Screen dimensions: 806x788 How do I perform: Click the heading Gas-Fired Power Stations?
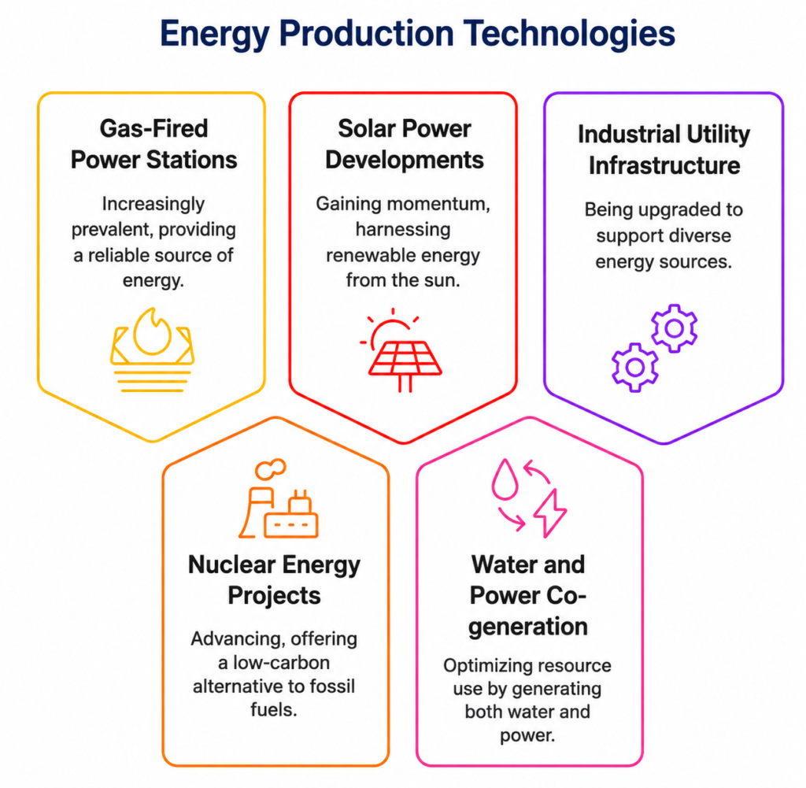(153, 144)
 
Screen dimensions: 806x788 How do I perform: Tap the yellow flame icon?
(152, 350)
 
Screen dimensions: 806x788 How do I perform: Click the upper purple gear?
(674, 328)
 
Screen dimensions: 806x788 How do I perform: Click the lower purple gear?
(635, 367)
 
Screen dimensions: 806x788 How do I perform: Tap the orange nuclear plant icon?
(278, 498)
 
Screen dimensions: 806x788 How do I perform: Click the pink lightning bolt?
(550, 513)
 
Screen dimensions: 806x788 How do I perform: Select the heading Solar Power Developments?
(404, 144)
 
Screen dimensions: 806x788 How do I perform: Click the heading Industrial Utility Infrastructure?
(664, 150)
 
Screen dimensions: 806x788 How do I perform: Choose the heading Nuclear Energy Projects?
(274, 580)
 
